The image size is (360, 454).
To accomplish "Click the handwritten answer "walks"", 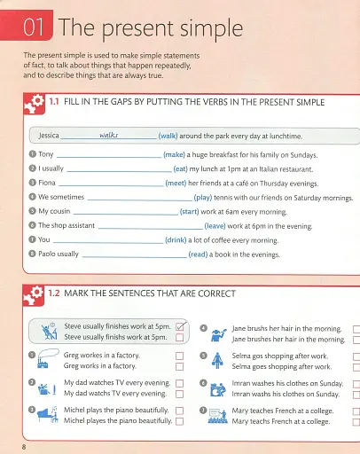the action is coord(109,135).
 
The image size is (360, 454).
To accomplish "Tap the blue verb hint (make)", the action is coord(174,153).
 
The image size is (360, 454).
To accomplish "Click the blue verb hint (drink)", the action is coord(177,239).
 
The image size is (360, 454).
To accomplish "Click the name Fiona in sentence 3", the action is coord(49,183).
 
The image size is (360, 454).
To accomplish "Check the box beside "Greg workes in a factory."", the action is coord(179,355).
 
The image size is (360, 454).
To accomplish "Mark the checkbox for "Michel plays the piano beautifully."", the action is coord(179,411).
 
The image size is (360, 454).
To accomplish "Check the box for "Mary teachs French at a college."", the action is coord(356,422).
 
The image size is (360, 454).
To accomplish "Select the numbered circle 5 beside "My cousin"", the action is coord(32,211).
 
